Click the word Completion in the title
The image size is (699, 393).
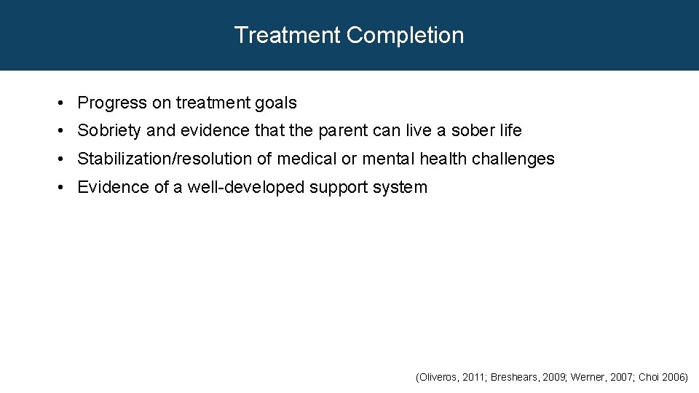click(405, 35)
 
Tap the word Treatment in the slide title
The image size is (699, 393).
click(288, 35)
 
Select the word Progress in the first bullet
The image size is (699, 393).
click(112, 103)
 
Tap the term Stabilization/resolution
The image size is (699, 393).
click(165, 159)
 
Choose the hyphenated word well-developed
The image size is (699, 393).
click(246, 187)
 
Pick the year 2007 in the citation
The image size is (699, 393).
click(620, 378)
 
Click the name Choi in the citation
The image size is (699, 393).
click(649, 378)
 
